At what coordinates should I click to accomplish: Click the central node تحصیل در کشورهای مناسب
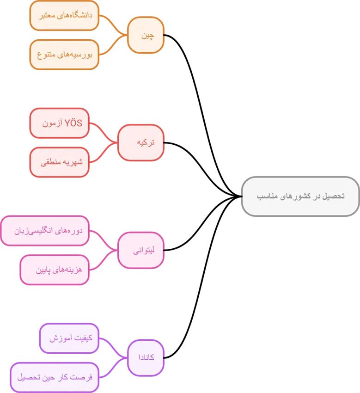click(x=300, y=196)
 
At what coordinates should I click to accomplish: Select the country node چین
click(x=146, y=35)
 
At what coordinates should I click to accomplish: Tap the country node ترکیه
click(x=141, y=142)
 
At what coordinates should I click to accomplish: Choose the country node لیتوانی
click(x=141, y=251)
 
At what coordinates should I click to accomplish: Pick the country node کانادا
click(x=146, y=358)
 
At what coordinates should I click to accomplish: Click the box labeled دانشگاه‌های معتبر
click(x=65, y=15)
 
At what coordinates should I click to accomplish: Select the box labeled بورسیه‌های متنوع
click(x=65, y=55)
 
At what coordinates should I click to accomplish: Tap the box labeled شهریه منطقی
click(x=59, y=162)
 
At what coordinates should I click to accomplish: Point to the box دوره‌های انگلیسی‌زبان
click(x=45, y=230)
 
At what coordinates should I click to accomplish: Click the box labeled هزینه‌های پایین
click(x=55, y=270)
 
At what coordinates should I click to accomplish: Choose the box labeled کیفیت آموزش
click(x=69, y=338)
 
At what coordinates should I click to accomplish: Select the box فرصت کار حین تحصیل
click(x=55, y=377)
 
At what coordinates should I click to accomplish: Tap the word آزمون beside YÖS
click(x=52, y=123)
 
